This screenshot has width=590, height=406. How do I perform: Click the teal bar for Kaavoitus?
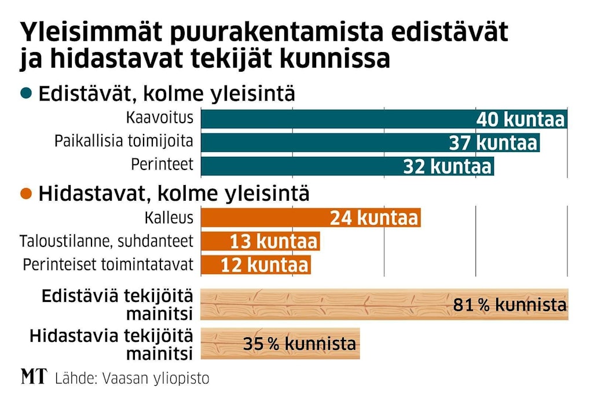[x=336, y=119]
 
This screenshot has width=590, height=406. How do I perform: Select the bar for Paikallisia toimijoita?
[x=324, y=143]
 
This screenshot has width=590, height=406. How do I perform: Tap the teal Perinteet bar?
[x=301, y=167]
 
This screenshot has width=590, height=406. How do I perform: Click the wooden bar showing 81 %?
[x=324, y=304]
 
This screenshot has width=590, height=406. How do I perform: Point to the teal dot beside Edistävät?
[x=25, y=93]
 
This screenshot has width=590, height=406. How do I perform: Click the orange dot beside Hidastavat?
[x=25, y=194]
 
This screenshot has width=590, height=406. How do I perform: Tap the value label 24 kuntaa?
[x=373, y=219]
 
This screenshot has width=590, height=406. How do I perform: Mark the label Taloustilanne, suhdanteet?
[x=107, y=241]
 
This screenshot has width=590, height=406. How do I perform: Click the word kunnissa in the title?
[x=337, y=60]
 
